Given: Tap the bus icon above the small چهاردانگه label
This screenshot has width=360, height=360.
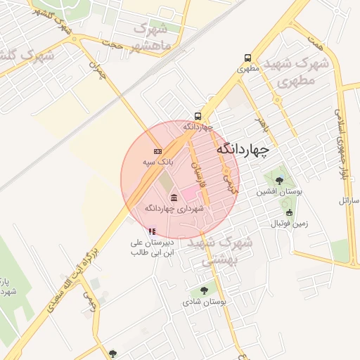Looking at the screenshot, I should tap(198, 117).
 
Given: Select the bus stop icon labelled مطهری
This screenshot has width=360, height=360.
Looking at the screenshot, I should tap(247, 58).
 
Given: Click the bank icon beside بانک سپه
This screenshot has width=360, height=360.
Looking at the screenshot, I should tap(157, 151).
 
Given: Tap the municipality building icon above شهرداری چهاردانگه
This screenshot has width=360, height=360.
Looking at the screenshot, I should tap(174, 198).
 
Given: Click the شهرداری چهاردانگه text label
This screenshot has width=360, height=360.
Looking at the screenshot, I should tap(174, 209).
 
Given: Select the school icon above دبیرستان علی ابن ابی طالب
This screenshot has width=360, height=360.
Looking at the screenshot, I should tap(151, 231).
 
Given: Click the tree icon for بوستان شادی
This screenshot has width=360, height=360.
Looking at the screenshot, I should tap(204, 290).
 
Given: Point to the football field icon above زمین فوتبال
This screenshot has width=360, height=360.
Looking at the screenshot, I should tap(289, 213).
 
